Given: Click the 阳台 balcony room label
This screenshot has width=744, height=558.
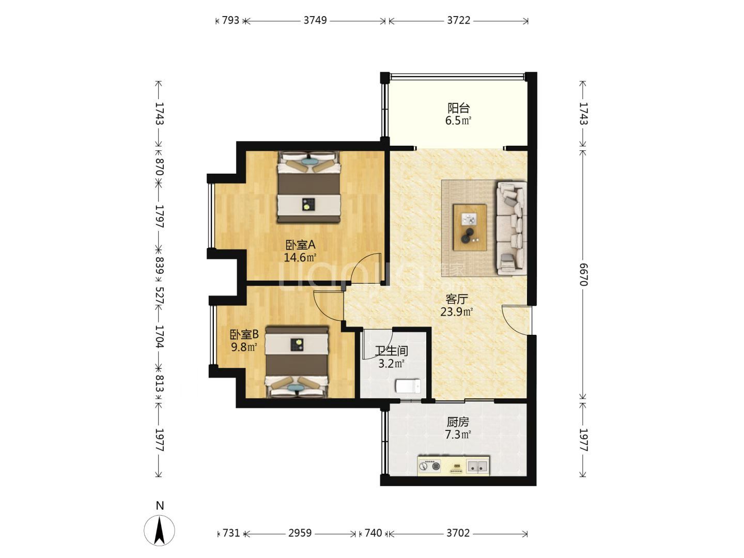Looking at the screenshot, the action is tap(458, 108).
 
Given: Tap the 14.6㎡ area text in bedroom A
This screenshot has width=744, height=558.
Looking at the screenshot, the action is tap(300, 257).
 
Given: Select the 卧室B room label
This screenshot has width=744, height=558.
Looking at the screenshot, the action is tap(244, 335).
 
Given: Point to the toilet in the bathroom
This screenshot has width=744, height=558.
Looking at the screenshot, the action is tap(408, 386).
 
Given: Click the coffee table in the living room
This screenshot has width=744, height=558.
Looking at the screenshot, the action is tap(470, 227).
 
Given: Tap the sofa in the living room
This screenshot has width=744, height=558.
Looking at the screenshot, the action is tap(512, 228).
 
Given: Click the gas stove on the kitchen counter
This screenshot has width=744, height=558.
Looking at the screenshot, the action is tap(429, 467).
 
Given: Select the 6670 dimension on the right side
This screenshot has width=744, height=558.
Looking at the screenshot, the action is tap(583, 274).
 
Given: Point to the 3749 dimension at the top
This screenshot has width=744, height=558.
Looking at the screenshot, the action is tap(315, 20).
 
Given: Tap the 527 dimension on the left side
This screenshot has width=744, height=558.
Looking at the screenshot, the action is tap(159, 296).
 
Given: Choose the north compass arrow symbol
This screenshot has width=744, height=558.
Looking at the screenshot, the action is tap(159, 531).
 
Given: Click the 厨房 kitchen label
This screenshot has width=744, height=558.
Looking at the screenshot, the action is tap(458, 422).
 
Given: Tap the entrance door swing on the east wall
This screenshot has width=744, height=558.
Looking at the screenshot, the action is tap(515, 320).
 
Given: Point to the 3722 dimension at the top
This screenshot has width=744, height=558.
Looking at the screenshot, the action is tap(459, 20).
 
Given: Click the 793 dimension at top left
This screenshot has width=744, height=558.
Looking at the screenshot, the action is tap(230, 20).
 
